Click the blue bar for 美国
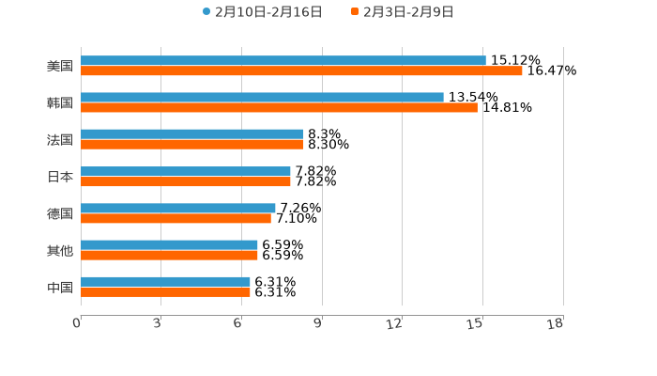(283, 60)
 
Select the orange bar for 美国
(301, 70)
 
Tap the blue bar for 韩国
(262, 97)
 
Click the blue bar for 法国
(192, 133)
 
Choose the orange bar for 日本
(186, 181)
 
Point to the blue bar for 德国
(178, 208)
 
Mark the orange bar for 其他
(169, 255)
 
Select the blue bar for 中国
(165, 281)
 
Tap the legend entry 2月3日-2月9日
(408, 12)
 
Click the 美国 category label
(60, 66)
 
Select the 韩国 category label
(60, 102)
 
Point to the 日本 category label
(60, 177)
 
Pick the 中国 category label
(60, 287)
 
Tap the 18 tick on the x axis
(556, 324)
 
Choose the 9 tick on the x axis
(318, 324)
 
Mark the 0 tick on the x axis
(77, 324)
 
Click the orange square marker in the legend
(355, 12)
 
